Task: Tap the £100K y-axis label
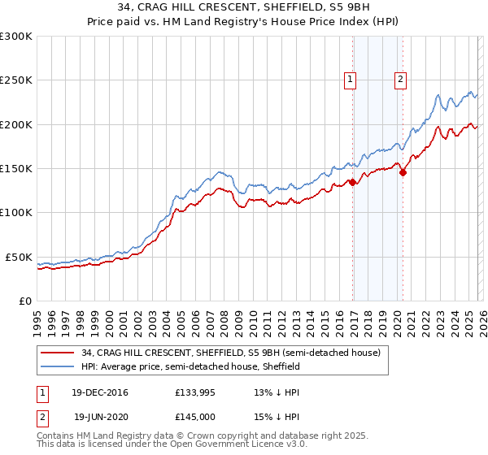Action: tap(16, 213)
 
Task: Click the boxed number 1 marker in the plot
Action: tap(350, 80)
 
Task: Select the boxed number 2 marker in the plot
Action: tap(401, 80)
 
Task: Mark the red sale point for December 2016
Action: tap(352, 183)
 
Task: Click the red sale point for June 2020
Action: tap(403, 173)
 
